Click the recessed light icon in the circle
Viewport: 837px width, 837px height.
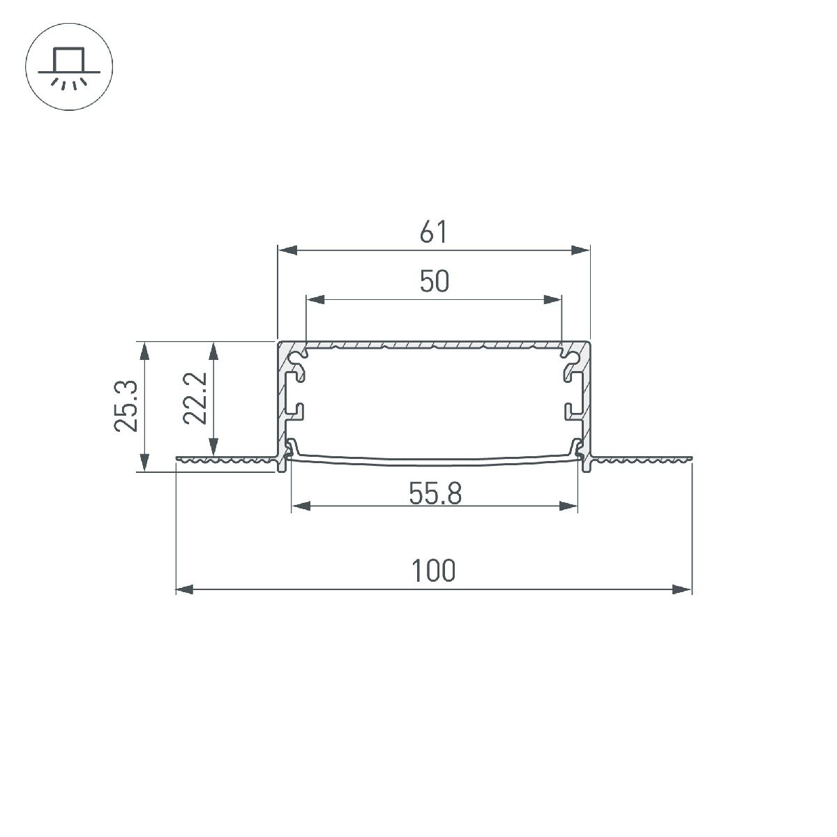click(x=68, y=69)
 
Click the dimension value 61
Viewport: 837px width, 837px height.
click(x=433, y=232)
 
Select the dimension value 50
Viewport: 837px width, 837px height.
click(x=434, y=282)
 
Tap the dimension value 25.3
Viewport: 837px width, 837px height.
click(x=126, y=407)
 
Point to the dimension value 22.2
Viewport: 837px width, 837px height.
click(x=195, y=398)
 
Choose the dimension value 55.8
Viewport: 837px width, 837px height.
click(x=435, y=495)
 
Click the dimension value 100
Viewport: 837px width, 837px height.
click(x=433, y=571)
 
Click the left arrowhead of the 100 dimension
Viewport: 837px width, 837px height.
click(x=183, y=590)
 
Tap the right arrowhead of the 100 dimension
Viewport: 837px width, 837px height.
click(x=683, y=590)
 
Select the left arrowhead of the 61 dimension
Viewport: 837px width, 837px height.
click(x=287, y=250)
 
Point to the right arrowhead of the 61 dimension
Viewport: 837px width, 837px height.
click(x=581, y=250)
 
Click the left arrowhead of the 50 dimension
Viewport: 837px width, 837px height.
click(x=315, y=300)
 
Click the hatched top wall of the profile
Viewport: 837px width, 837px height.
click(x=433, y=345)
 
